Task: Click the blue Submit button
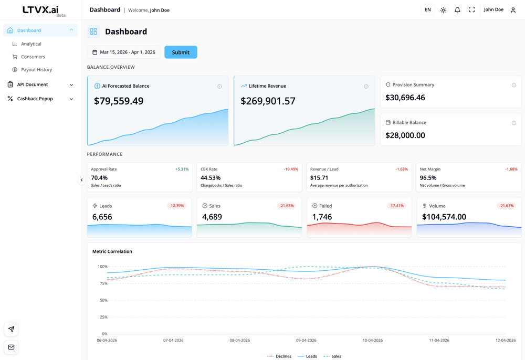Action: coord(181,52)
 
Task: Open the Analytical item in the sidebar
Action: coord(31,44)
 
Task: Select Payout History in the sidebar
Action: coord(36,70)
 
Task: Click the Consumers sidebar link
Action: coord(33,57)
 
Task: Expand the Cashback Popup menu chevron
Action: coord(71,99)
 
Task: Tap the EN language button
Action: coord(428,10)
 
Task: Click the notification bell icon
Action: coord(457,10)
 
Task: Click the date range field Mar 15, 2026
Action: coord(124,52)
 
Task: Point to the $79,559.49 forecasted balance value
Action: coord(119,101)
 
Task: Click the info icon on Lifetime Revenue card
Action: coord(366,87)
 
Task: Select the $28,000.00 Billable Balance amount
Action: coord(405,135)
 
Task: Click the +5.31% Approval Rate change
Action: coord(182,170)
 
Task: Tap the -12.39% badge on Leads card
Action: coord(176,206)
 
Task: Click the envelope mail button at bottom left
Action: coord(11,347)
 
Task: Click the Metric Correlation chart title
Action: coord(112,251)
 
